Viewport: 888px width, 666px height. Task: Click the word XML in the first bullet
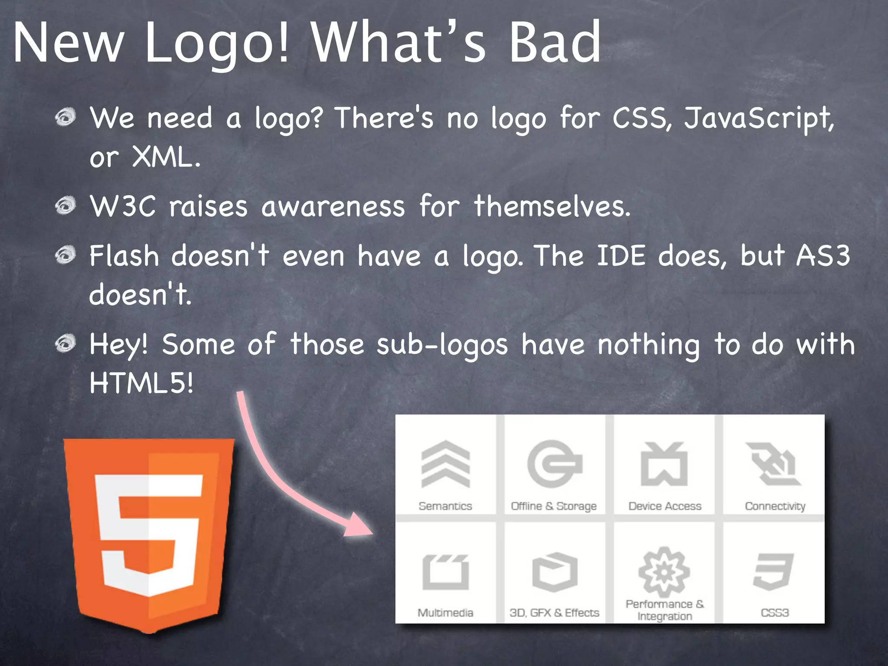166,157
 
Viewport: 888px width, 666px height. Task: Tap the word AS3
823,255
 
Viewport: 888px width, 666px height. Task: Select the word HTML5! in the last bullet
141,383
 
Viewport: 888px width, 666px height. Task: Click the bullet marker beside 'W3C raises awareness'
66,205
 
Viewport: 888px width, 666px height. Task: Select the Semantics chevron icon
445,464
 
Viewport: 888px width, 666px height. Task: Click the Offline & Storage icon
554,464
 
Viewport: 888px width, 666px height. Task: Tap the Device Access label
665,506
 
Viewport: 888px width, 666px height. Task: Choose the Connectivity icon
774,464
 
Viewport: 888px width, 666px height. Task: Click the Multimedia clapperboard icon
445,571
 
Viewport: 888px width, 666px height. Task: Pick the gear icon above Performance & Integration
664,571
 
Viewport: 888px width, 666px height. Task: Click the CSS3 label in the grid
774,613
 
